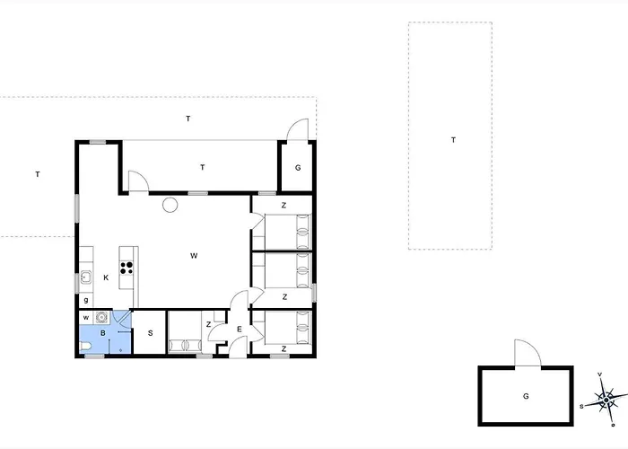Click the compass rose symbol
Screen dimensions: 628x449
[x=606, y=400]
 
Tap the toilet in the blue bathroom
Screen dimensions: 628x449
[x=86, y=346]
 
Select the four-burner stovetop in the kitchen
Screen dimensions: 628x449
[x=127, y=268]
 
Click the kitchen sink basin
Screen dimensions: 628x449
[x=86, y=277]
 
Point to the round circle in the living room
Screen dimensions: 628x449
[x=170, y=205]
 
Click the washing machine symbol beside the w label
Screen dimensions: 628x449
[x=102, y=318]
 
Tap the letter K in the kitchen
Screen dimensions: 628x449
[x=106, y=277]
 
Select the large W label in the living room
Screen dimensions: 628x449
[x=194, y=256]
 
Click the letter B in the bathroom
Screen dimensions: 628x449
[x=103, y=333]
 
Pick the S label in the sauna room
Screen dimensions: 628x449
[x=151, y=333]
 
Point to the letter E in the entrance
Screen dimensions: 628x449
[x=240, y=330]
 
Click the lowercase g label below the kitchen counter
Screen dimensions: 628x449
[x=86, y=300]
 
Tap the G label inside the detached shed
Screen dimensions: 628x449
[x=526, y=396]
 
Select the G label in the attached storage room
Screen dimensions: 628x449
[x=298, y=168]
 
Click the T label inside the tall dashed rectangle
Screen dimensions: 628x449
[x=453, y=140]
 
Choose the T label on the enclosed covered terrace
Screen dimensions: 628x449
[x=203, y=167]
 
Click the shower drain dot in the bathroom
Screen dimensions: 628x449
[x=120, y=350]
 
